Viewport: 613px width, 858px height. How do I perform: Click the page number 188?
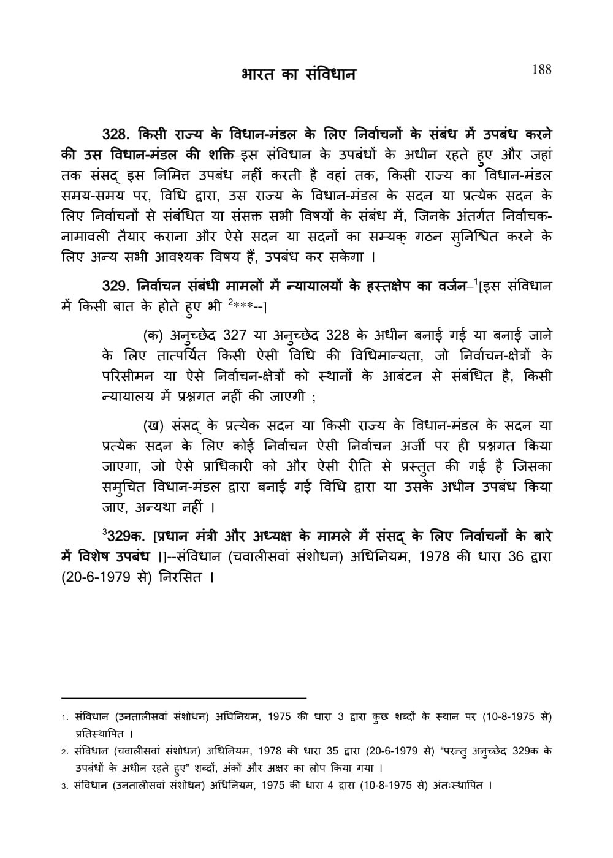(x=541, y=69)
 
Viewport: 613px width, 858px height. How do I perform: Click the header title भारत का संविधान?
(x=299, y=75)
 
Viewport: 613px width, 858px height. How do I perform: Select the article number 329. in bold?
(x=118, y=286)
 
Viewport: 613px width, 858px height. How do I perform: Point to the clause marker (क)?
(x=152, y=335)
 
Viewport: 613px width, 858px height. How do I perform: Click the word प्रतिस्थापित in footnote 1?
(x=97, y=733)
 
